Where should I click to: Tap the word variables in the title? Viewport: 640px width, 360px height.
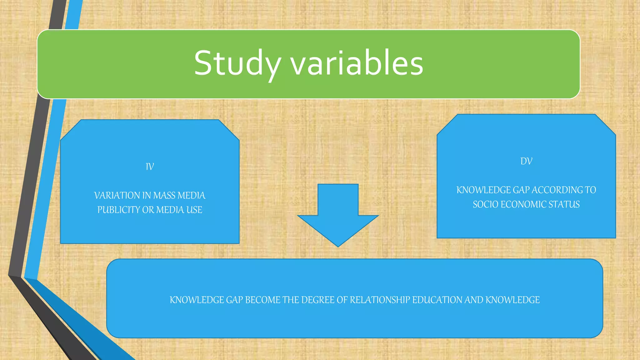357,63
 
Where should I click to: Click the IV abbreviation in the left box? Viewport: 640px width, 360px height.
150,167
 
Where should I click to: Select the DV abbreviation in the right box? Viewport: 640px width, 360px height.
526,161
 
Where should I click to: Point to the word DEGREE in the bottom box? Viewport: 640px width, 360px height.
318,300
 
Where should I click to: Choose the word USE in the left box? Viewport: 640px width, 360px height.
194,210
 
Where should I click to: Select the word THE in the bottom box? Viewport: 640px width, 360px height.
291,300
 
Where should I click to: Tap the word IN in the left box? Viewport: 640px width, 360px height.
147,196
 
